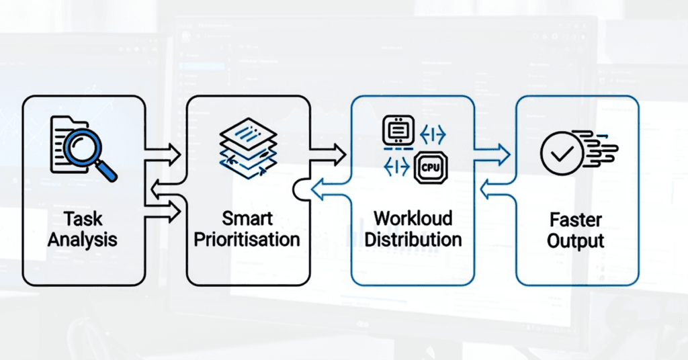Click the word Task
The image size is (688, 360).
83,219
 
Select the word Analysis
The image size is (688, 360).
83,240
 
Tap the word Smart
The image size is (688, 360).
248,219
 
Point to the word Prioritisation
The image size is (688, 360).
248,240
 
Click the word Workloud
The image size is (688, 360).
413,219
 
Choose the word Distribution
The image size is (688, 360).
413,240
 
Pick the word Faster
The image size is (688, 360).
576,220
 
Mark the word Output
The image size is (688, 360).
576,240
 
